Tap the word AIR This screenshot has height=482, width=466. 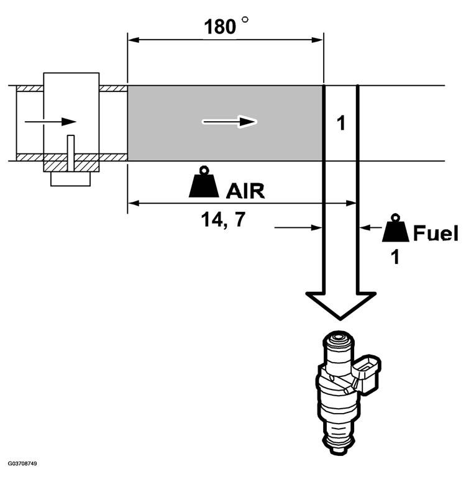point(245,190)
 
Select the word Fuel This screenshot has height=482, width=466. point(436,234)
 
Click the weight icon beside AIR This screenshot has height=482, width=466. point(204,183)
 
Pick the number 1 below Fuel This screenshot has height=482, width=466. point(395,255)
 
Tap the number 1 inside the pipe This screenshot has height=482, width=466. point(340,123)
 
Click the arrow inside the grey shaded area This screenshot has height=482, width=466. point(229,122)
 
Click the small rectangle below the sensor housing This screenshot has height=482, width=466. point(71,179)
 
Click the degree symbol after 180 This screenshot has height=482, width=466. point(245,20)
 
